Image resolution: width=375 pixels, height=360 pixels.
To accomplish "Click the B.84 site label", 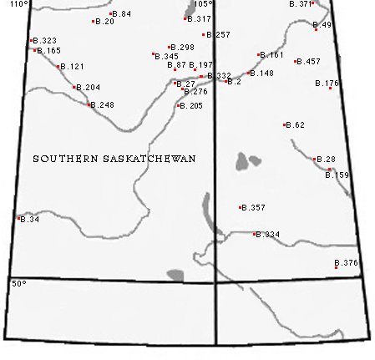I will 122,14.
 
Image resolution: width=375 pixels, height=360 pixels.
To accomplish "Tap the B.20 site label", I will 105,21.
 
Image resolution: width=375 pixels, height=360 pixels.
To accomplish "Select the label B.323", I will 45,41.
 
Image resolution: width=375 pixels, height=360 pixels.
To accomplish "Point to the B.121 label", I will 73,66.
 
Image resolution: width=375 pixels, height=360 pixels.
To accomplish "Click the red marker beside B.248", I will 89,105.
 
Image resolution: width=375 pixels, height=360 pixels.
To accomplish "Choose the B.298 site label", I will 182,48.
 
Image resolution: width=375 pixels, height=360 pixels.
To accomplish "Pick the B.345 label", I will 166,57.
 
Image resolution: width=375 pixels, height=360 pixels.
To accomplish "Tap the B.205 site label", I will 191,106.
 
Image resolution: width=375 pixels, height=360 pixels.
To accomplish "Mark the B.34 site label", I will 29,220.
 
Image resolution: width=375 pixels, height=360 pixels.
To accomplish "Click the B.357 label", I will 253,207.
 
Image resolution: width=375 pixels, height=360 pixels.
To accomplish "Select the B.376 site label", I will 346,263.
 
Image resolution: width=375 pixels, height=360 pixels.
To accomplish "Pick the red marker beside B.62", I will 286,125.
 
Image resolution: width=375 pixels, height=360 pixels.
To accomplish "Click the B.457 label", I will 309,62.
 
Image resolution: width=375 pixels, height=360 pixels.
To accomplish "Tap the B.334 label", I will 267,235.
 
